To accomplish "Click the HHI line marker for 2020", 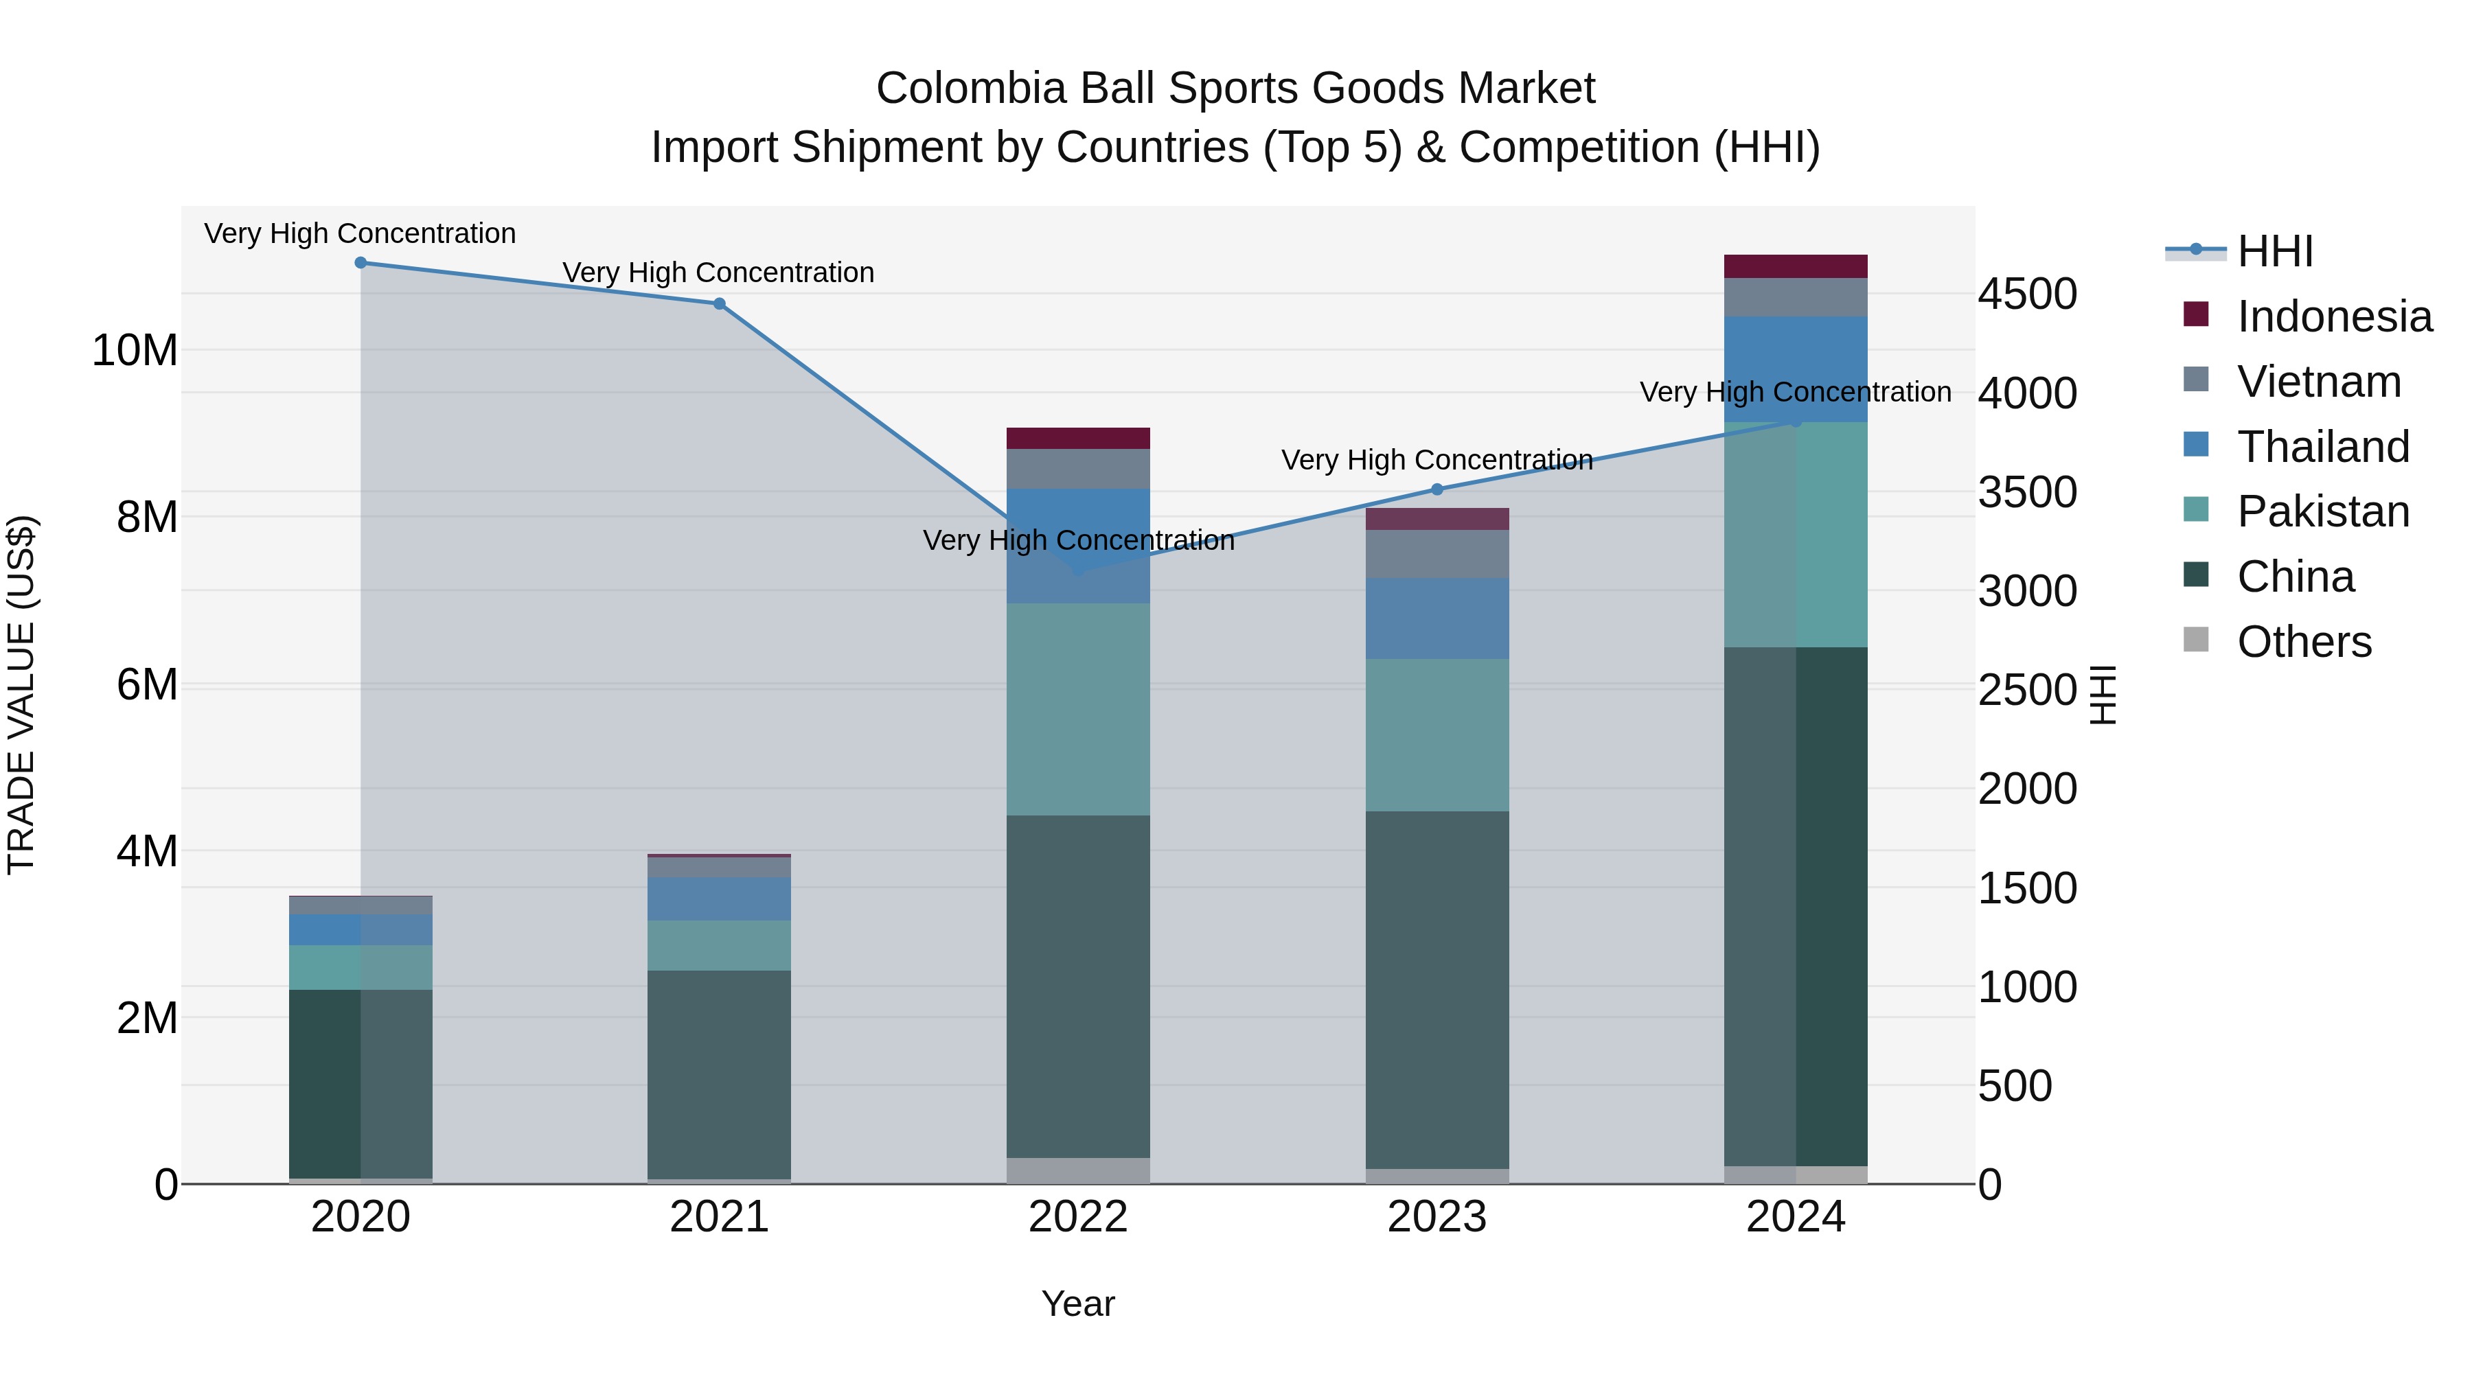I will tap(360, 263).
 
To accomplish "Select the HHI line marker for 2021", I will tap(719, 304).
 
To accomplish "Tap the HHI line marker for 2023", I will tap(1437, 489).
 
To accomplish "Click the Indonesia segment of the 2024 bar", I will tap(1796, 267).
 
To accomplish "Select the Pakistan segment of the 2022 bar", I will tap(1077, 710).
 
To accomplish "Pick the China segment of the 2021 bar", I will tap(719, 1074).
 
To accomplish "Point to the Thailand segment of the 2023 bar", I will tap(1437, 618).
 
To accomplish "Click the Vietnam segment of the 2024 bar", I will tap(1796, 297).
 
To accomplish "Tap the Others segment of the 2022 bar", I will tap(1077, 1170).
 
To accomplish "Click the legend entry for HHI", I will tap(2274, 251).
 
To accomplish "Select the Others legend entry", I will tap(2303, 642).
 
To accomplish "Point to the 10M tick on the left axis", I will tap(135, 350).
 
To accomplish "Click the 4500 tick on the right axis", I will tap(2027, 294).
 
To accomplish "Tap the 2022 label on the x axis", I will tap(1077, 1217).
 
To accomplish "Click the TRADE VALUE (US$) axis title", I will tap(21, 695).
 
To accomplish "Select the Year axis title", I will tap(1077, 1304).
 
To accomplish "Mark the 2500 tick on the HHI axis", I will tap(2027, 690).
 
